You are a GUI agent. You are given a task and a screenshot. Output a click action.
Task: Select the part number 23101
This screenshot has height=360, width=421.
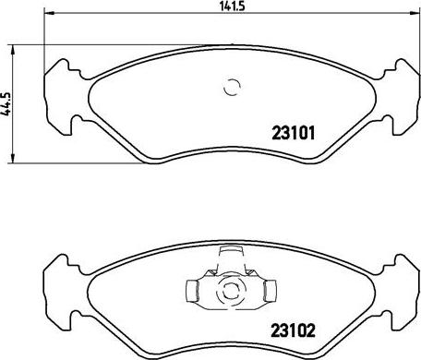pyautogui.click(x=295, y=131)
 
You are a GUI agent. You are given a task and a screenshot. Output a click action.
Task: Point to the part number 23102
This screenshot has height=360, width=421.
pyautogui.click(x=295, y=327)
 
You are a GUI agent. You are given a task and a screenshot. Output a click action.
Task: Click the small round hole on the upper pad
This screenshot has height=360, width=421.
pyautogui.click(x=232, y=89)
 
